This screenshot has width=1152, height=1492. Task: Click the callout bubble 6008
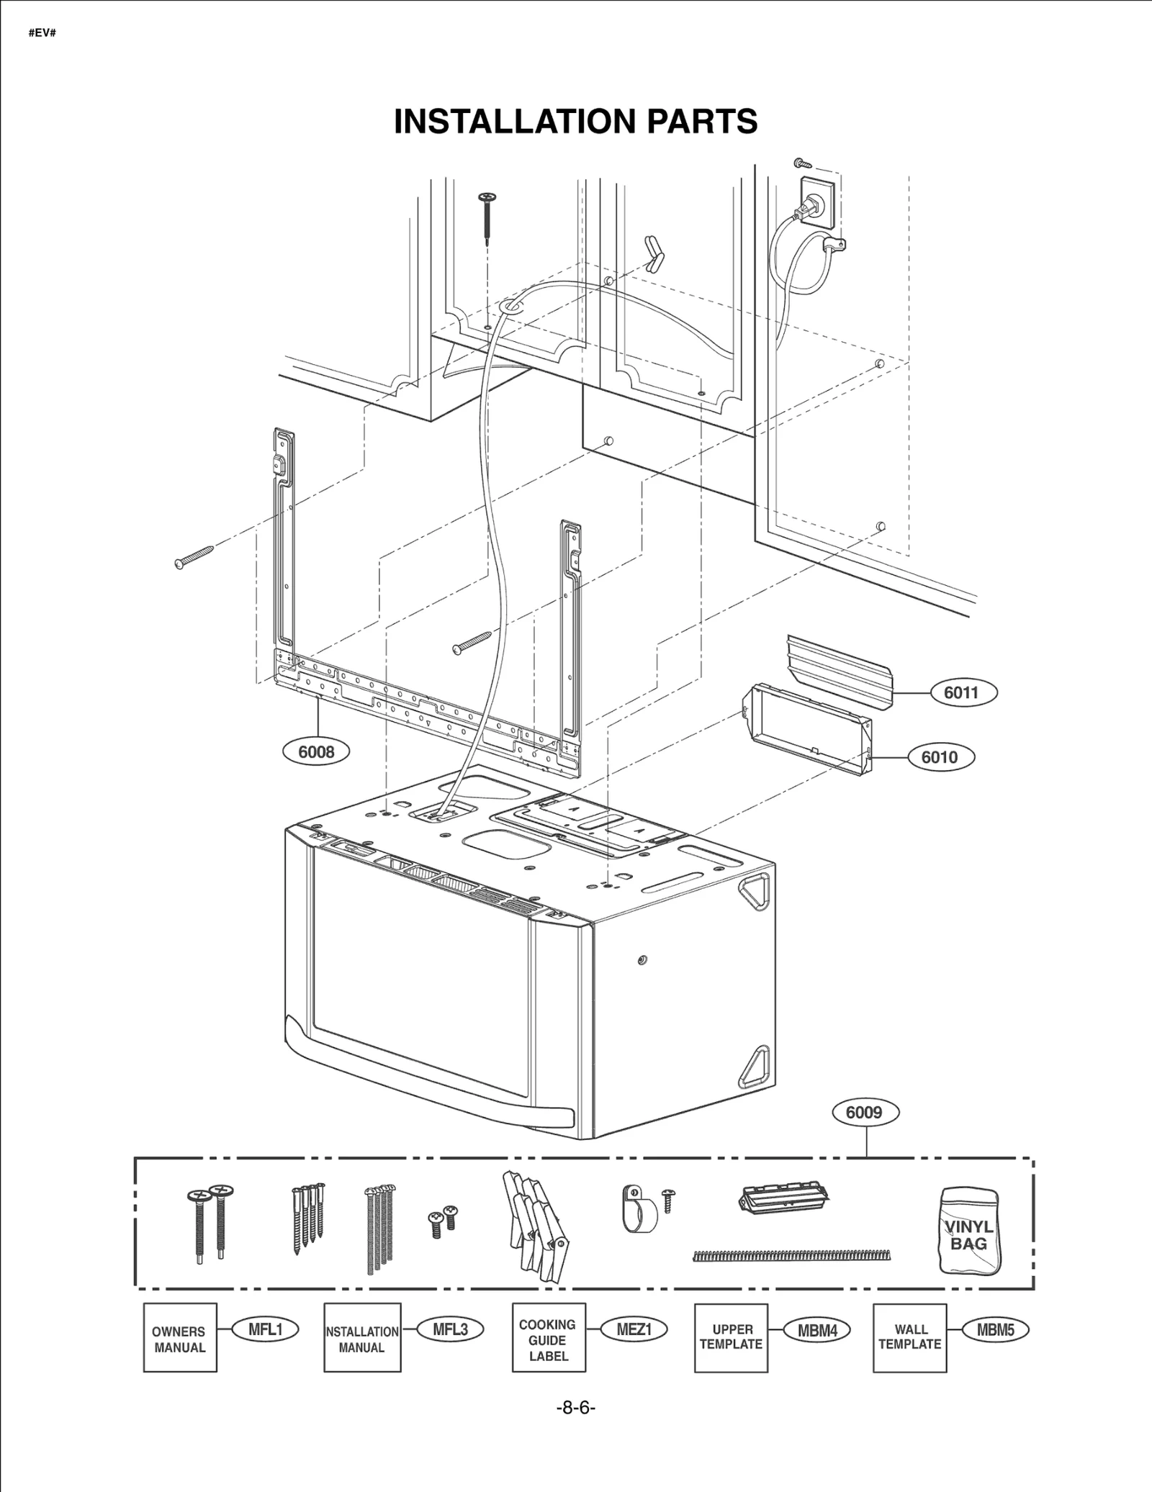tap(316, 752)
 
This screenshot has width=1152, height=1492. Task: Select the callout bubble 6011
tap(961, 692)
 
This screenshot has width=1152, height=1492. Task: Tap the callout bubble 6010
tap(940, 756)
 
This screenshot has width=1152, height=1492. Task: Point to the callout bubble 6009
tap(864, 1112)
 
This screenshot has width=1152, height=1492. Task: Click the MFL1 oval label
tap(265, 1329)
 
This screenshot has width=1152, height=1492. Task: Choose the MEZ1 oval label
tap(634, 1329)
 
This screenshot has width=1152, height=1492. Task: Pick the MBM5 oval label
tap(995, 1330)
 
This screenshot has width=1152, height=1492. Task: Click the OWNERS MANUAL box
tap(180, 1338)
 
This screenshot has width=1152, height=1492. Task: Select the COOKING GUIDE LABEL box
tap(548, 1338)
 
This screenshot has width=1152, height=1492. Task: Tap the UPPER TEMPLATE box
tap(731, 1337)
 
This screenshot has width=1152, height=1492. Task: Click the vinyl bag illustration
tap(969, 1231)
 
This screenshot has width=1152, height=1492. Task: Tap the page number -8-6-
tap(576, 1408)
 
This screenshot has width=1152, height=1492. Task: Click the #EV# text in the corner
tap(42, 33)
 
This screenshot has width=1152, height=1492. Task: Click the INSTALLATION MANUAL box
tap(362, 1338)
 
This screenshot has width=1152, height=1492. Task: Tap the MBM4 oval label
tap(817, 1330)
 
